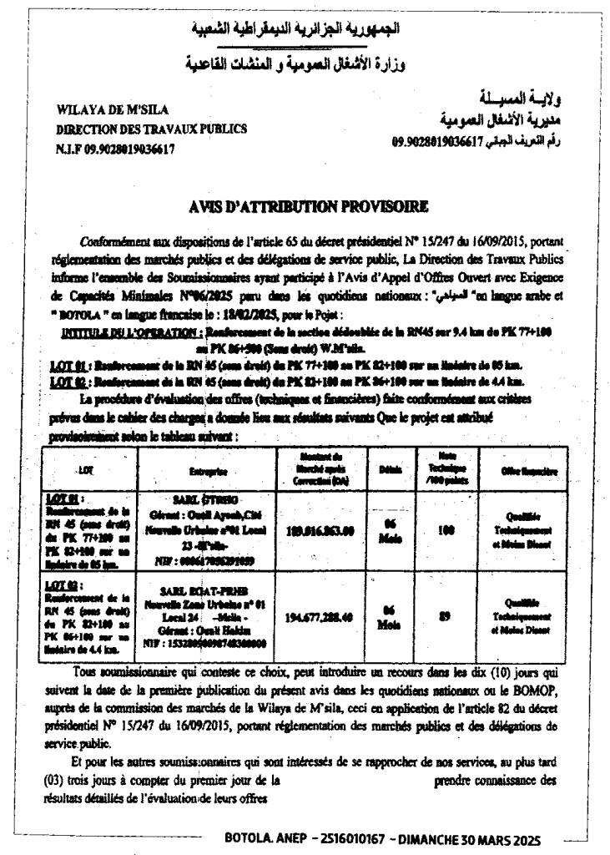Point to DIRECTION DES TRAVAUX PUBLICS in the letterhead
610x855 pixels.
[x=151, y=129]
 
